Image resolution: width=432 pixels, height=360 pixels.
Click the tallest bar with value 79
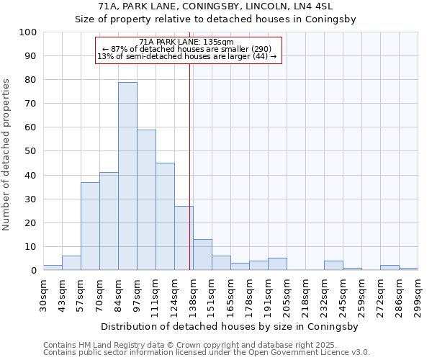127,176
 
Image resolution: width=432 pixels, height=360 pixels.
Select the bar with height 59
146,200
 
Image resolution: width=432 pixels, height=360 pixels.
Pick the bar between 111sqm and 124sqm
165,217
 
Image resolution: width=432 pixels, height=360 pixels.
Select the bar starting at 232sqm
333,266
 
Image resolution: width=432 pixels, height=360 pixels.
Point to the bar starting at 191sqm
277,264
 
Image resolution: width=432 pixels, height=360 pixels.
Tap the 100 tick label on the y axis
28,32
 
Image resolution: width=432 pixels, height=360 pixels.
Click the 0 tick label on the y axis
34,271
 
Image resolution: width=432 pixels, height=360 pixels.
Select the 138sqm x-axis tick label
193,295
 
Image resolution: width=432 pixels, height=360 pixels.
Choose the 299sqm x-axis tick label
418,295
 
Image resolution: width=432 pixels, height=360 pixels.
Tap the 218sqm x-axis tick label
305,295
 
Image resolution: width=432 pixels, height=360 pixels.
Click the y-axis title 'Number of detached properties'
7,156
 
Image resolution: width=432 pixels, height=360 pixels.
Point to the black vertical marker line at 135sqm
189,166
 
